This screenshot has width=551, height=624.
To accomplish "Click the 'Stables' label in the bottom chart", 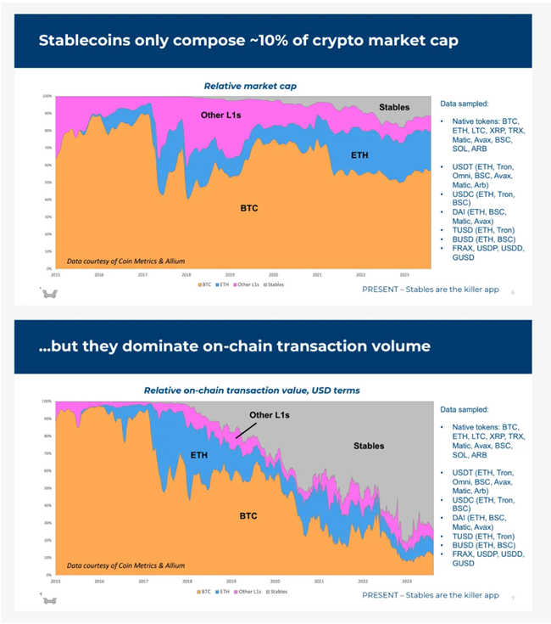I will [x=368, y=446].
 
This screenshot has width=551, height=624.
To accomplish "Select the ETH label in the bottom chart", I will [x=198, y=455].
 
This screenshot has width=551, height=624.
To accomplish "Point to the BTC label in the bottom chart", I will [x=248, y=515].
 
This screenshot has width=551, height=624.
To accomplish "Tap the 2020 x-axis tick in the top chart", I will [x=273, y=276].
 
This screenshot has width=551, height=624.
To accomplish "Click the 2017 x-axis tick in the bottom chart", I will [x=142, y=581].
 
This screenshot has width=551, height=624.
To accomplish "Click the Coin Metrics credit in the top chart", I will [x=125, y=261].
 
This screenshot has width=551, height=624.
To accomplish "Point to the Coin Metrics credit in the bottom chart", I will [x=125, y=565].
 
